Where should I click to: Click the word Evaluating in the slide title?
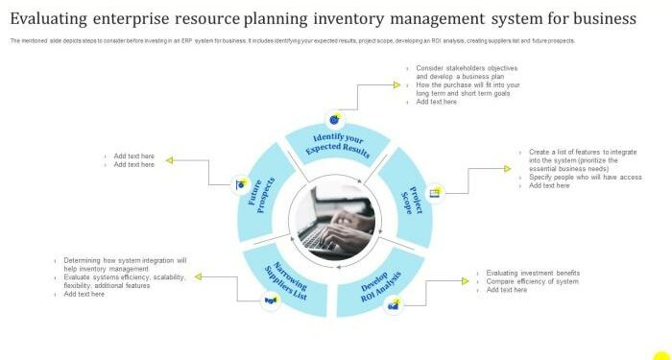(x=54, y=18)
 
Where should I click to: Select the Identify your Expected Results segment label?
(x=337, y=145)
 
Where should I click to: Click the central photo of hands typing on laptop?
(x=337, y=221)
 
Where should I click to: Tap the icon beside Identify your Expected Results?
(x=334, y=119)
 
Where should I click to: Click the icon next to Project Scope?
(x=435, y=192)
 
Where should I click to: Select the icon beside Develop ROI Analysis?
(x=393, y=305)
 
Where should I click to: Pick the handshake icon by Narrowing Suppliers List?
(x=271, y=301)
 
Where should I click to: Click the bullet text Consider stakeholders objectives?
(x=467, y=69)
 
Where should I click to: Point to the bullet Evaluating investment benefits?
(x=533, y=273)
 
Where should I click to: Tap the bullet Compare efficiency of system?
(x=532, y=281)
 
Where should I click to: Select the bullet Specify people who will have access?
(x=585, y=177)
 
